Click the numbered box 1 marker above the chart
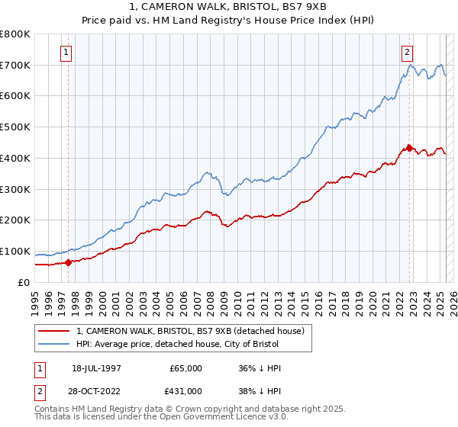67,53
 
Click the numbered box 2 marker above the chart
407,53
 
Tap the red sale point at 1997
68,262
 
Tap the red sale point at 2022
409,148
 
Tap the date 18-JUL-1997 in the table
97,368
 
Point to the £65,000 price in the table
186,368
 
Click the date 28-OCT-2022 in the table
97,390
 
